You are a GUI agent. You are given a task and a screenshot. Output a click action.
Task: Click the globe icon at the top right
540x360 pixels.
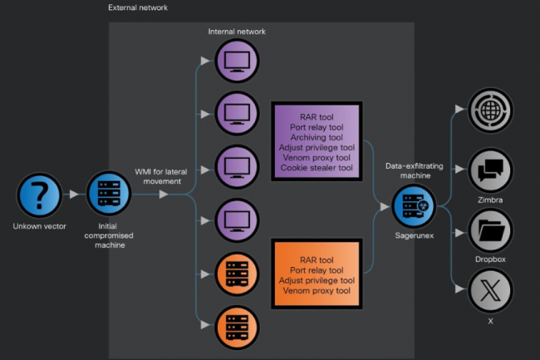[490, 110]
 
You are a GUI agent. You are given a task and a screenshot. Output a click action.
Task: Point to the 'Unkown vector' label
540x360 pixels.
[39, 226]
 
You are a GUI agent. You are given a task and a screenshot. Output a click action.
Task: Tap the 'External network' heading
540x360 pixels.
[137, 7]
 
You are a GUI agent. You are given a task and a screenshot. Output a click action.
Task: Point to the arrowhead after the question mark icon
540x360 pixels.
[75, 195]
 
